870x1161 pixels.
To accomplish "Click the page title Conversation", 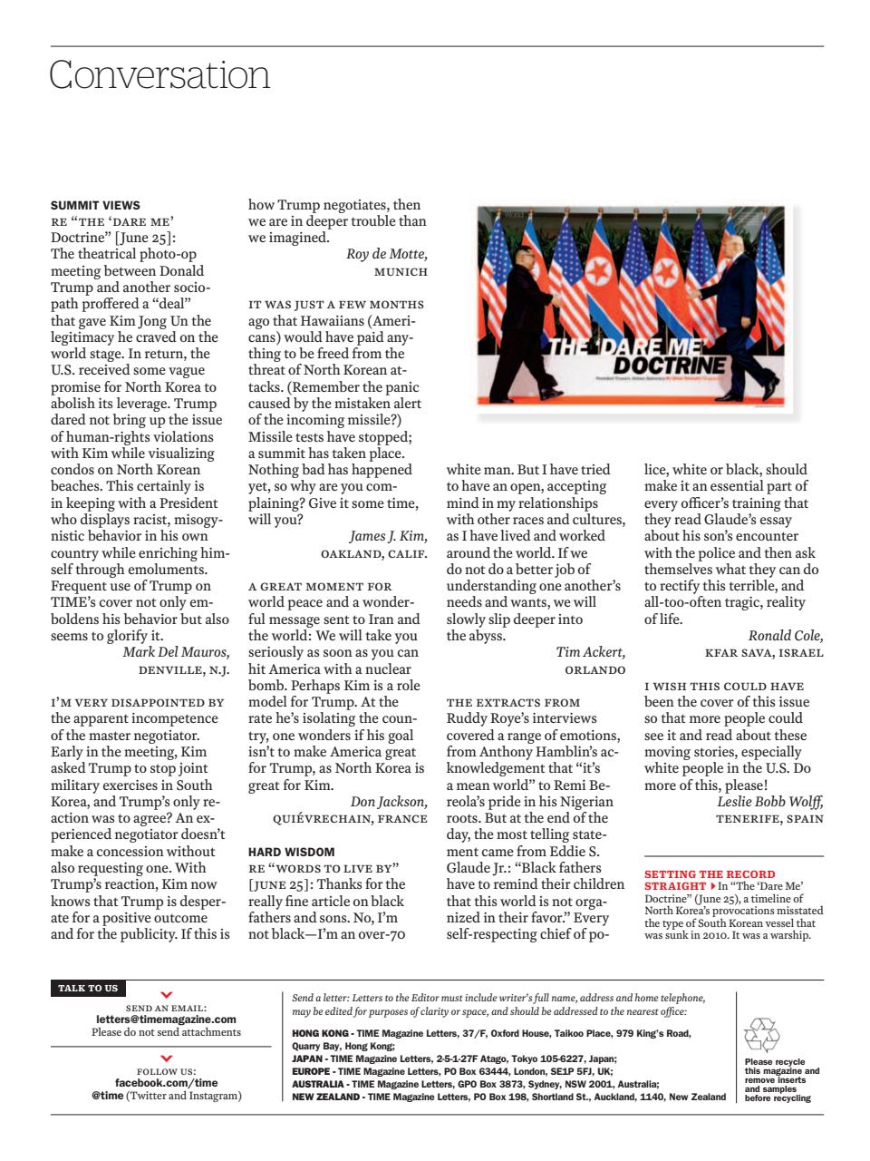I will coord(159,74).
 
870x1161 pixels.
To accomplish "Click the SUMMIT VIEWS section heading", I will coord(95,205).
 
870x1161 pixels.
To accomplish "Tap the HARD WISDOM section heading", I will coord(291,852).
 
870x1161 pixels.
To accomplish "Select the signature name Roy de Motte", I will coord(386,254).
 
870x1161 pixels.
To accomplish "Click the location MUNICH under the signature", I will coord(401,271).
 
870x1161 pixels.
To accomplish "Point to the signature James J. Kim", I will coord(388,536).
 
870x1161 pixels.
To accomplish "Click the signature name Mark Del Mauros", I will coord(176,652).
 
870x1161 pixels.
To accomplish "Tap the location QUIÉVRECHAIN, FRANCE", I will coord(350,818).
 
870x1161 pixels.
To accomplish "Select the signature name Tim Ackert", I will coord(590,652).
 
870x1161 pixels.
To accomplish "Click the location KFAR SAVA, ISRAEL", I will coord(764,652).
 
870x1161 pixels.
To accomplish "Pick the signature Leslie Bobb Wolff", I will coord(770,801).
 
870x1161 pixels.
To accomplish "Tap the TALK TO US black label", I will coord(88,988).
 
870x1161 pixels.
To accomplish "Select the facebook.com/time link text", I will coord(166,1082).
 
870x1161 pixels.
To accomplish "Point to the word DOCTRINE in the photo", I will coord(670,365).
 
